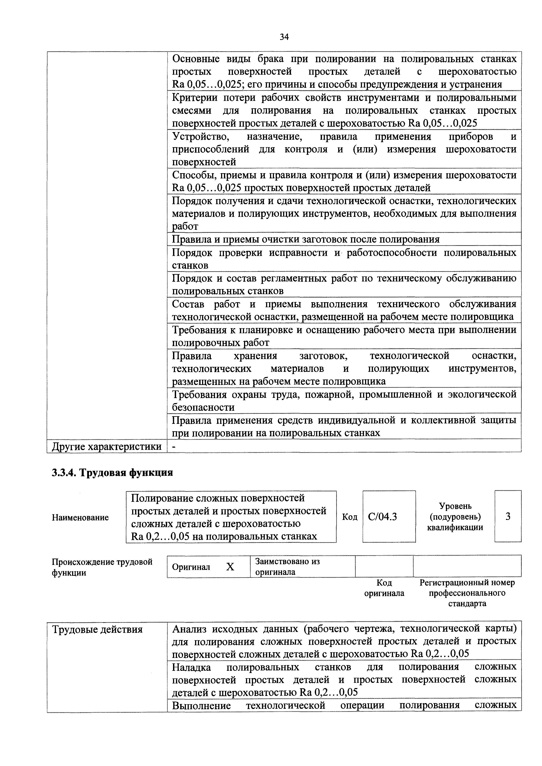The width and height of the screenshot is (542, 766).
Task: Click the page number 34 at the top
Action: [284, 37]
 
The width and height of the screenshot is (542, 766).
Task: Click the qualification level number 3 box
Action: [508, 517]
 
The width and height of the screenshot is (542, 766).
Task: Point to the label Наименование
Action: [80, 518]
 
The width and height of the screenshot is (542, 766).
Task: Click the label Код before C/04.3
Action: [350, 517]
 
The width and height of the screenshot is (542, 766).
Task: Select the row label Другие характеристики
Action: [106, 446]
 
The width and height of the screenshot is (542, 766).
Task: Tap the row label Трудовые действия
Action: [97, 630]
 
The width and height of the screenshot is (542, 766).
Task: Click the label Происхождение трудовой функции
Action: [102, 567]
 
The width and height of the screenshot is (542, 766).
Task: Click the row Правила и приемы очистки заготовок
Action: [305, 239]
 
